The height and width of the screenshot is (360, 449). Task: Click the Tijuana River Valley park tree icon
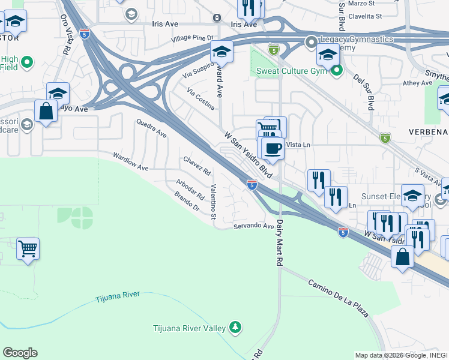tap(236, 327)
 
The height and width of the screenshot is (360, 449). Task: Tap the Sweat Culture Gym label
tap(291, 71)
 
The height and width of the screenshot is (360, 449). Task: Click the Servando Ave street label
tap(254, 226)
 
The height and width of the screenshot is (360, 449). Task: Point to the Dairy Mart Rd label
tap(279, 242)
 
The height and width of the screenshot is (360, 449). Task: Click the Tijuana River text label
tap(118, 296)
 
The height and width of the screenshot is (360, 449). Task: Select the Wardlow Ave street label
tap(131, 161)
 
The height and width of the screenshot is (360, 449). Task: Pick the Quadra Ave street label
tap(151, 127)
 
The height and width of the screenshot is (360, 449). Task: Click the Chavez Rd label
tap(197, 166)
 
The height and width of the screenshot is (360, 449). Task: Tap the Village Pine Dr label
tap(188, 38)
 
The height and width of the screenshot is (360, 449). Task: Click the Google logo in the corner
tap(20, 353)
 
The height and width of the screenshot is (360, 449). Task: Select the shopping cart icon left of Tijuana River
tap(28, 248)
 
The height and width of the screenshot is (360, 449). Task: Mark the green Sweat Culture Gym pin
tap(337, 71)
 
